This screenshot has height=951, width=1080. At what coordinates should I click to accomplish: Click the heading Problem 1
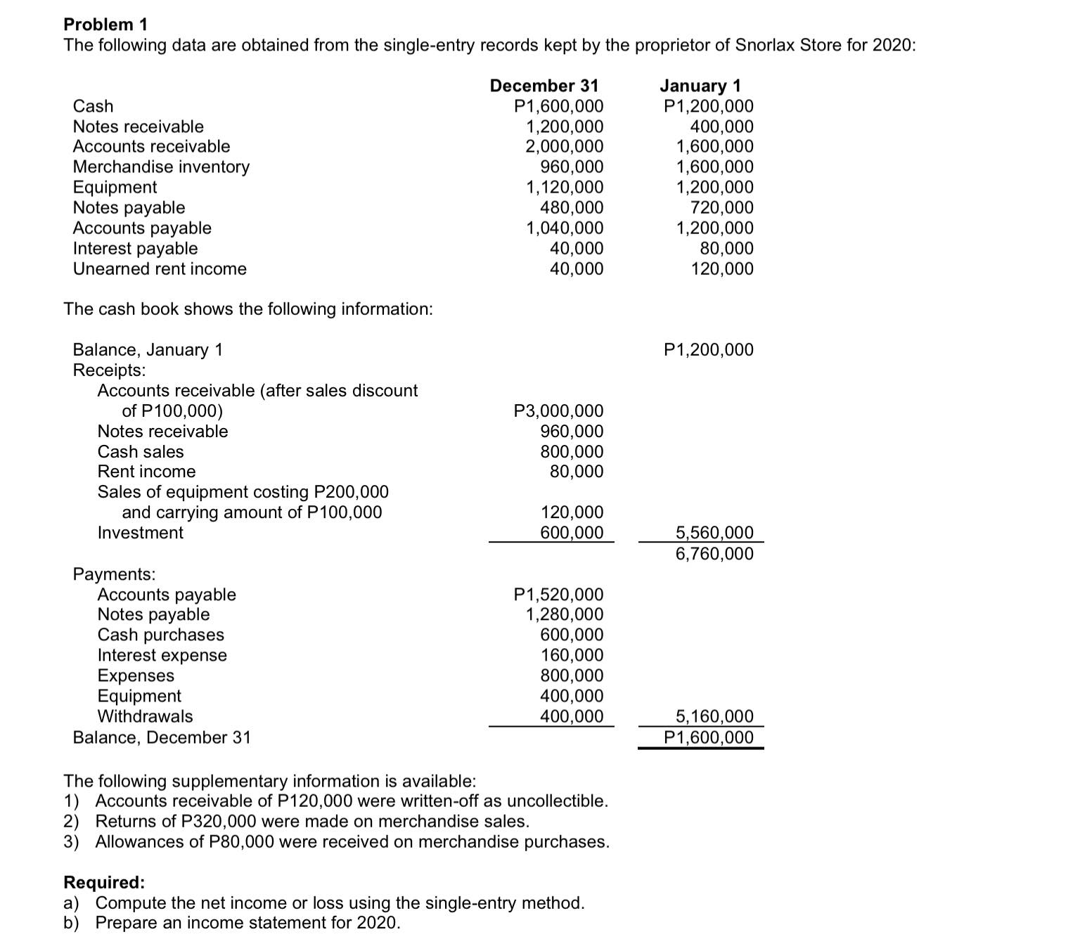coord(105,25)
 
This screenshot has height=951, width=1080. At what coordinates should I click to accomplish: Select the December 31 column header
coord(544,86)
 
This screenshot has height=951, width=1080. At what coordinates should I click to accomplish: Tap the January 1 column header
coord(700,86)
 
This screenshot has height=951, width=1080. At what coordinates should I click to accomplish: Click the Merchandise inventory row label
coord(161,167)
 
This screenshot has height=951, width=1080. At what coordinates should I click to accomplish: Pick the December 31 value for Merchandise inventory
coord(571,167)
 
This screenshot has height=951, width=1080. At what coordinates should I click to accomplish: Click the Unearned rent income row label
coord(160,269)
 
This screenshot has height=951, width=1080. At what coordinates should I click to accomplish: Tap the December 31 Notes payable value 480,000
coord(571,208)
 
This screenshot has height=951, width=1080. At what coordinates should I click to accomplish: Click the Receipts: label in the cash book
coord(110,370)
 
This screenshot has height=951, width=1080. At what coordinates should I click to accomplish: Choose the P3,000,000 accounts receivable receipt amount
coord(558,411)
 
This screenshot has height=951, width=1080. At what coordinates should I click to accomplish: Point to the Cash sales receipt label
coord(141,452)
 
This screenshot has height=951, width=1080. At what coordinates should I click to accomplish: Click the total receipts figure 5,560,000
coord(714,533)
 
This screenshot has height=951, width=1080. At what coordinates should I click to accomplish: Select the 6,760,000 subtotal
coord(714,554)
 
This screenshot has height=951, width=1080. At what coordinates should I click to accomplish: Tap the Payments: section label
coord(115,574)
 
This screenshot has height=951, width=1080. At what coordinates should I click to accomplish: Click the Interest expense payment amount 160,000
coord(571,656)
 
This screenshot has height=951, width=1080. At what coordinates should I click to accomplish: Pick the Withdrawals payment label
coord(145,716)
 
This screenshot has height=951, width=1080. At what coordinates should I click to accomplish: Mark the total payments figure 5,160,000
coord(714,717)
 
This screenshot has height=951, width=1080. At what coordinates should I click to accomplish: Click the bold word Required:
coord(104,883)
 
